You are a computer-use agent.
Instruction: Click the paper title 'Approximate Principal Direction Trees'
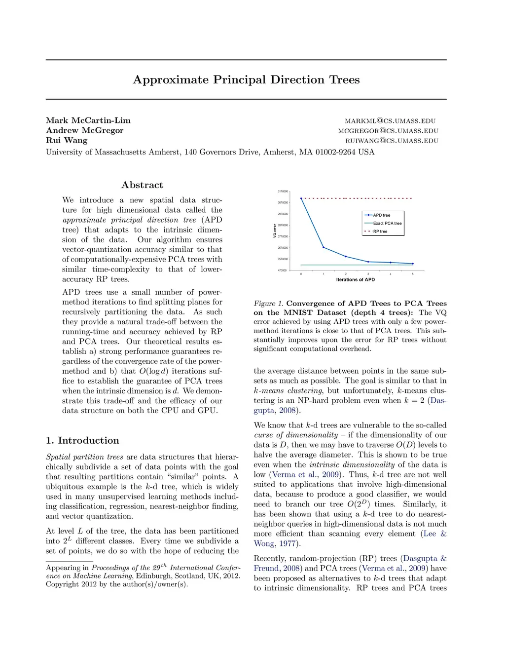[246, 80]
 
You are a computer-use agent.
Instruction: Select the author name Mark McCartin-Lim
[88, 120]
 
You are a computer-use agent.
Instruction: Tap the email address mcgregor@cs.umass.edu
[388, 131]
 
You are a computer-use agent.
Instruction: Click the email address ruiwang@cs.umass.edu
[392, 141]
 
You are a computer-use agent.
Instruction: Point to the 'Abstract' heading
[142, 185]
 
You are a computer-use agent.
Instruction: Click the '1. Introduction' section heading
[82, 441]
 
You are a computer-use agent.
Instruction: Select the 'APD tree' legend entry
[381, 215]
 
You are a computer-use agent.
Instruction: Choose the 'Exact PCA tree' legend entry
[387, 223]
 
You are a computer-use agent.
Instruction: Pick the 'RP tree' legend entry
[380, 231]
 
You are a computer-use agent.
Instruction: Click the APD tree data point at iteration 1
[324, 247]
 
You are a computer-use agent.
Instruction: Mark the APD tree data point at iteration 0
[301, 198]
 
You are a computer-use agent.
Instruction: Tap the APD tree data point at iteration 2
[346, 257]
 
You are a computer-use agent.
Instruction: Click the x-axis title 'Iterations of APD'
[355, 280]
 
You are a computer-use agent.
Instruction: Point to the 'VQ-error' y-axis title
[275, 231]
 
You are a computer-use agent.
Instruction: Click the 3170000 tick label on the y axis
[283, 192]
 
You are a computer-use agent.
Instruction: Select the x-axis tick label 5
[413, 274]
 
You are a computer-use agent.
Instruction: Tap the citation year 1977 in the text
[288, 544]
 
